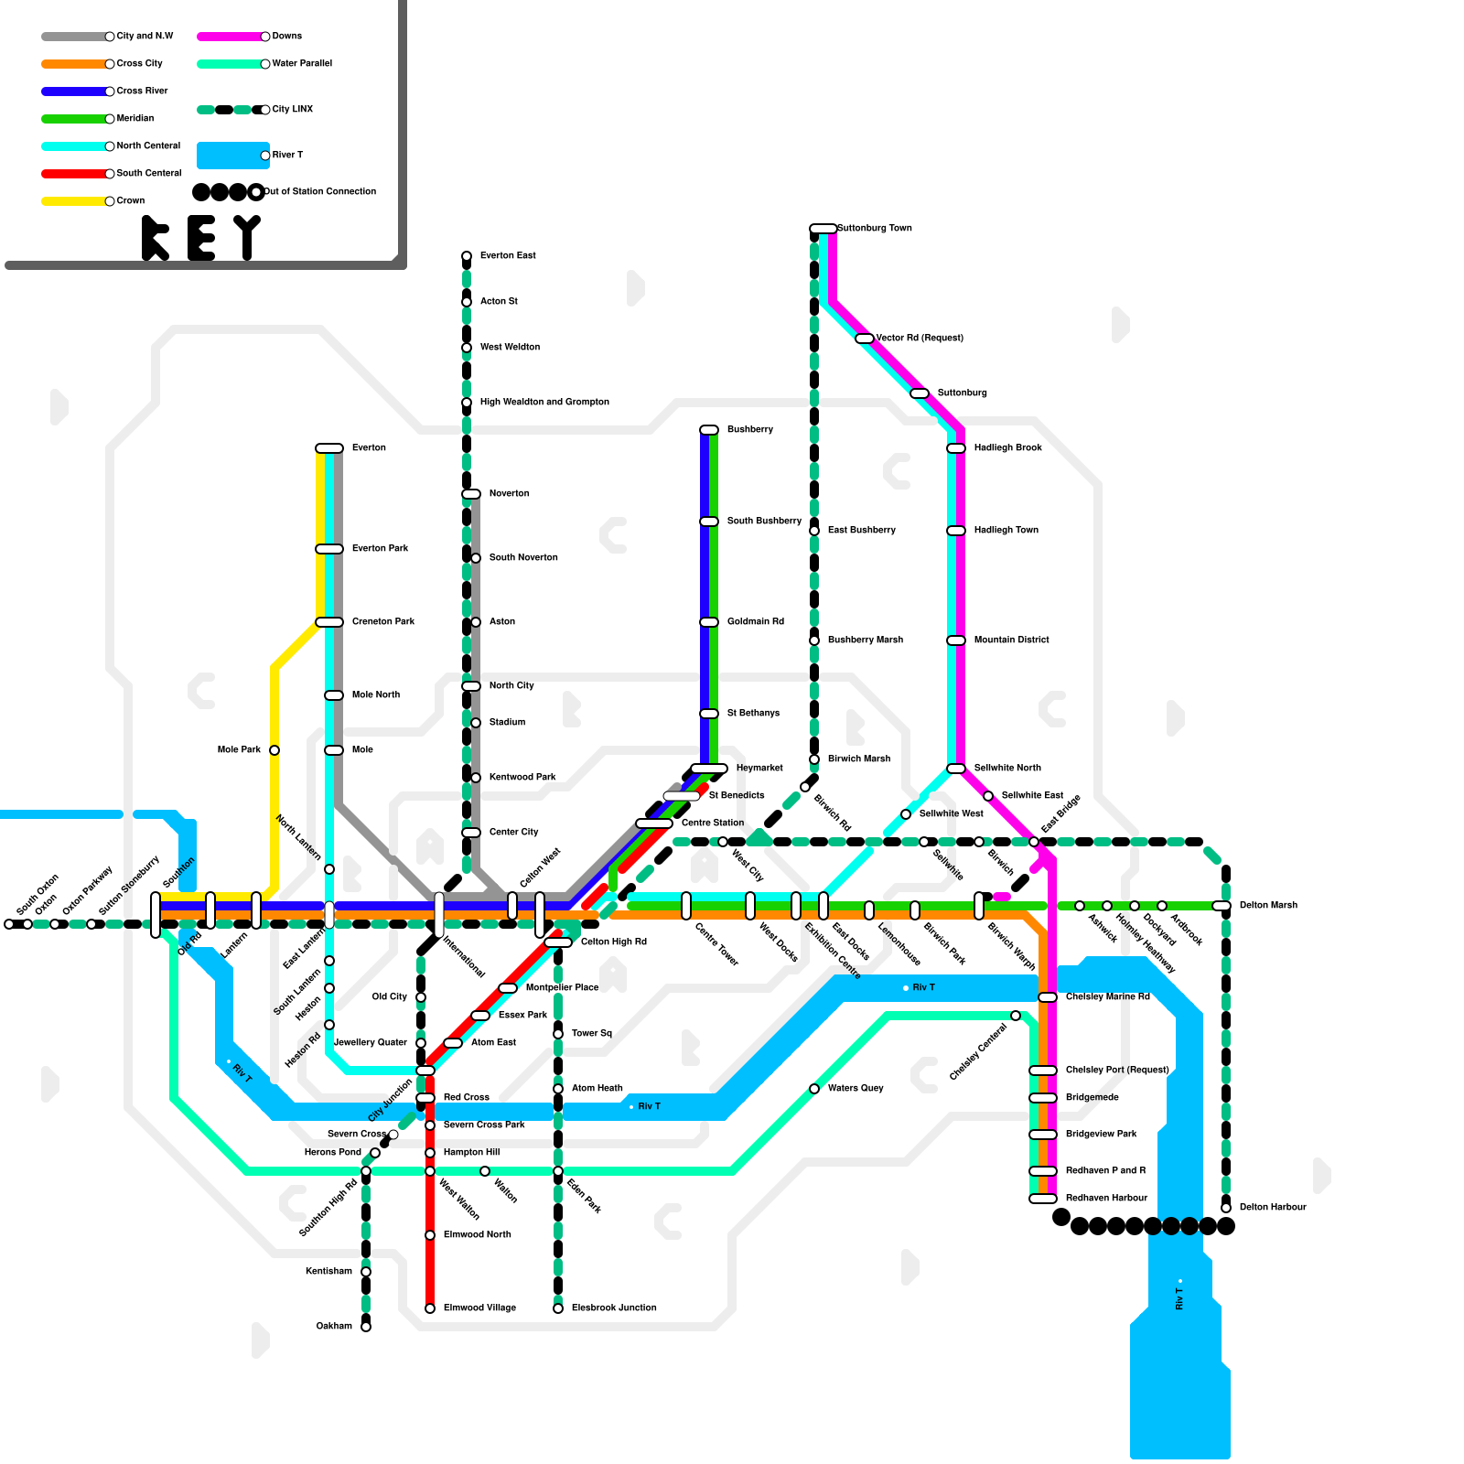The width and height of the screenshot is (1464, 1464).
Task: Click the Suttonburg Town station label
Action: (874, 228)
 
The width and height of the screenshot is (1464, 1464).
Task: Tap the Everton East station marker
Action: (467, 256)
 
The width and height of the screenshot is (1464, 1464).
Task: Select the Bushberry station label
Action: (749, 429)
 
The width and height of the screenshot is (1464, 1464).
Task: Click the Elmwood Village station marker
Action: (430, 1308)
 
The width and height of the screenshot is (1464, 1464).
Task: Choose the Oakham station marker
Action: (366, 1327)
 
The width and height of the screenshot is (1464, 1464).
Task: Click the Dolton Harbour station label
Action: (1272, 1207)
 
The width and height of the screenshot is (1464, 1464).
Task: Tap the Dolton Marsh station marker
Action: (1222, 906)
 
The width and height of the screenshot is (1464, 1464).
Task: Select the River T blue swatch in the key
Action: (232, 156)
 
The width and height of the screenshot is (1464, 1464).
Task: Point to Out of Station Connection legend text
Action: (319, 191)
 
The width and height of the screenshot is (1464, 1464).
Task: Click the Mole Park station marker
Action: (274, 750)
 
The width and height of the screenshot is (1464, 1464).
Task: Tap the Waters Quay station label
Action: (855, 1088)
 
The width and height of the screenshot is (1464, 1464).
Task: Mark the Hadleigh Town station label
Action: (1006, 530)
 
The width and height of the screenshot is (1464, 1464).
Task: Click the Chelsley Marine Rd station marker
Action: (1048, 997)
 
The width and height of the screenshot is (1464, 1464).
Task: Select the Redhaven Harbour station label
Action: (1105, 1198)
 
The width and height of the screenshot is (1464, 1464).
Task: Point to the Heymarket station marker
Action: (709, 769)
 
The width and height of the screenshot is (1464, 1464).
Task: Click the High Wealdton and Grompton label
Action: (544, 402)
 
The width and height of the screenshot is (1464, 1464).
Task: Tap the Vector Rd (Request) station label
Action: (919, 338)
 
